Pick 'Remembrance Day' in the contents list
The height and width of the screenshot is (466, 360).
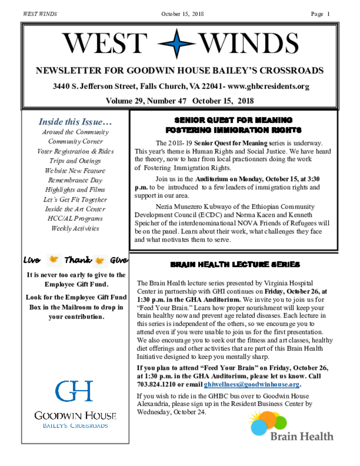coord(75,180)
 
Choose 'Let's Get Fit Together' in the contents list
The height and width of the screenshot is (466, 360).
coord(75,199)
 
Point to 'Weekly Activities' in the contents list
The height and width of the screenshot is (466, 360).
coord(75,228)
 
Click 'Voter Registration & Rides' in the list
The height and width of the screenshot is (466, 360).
coord(75,151)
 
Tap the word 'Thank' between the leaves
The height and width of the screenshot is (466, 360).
coord(78,260)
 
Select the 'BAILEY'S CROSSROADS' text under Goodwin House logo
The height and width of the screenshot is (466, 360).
coord(75,425)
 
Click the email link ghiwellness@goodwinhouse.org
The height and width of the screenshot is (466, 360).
coord(251,384)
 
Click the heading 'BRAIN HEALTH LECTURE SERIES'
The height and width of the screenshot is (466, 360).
coord(235,264)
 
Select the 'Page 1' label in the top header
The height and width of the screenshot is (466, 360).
coord(320,14)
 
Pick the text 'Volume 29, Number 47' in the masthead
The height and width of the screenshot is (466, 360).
coord(146,101)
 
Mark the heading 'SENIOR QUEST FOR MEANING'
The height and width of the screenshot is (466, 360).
coord(233,120)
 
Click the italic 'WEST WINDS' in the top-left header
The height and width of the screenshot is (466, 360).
coord(40,14)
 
